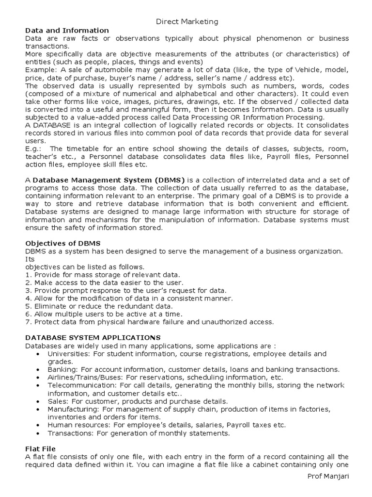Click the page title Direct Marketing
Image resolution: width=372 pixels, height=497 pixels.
pos(186,21)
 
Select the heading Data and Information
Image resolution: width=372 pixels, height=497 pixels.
pos(67,30)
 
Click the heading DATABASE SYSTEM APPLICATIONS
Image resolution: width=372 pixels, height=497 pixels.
pos(92,337)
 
